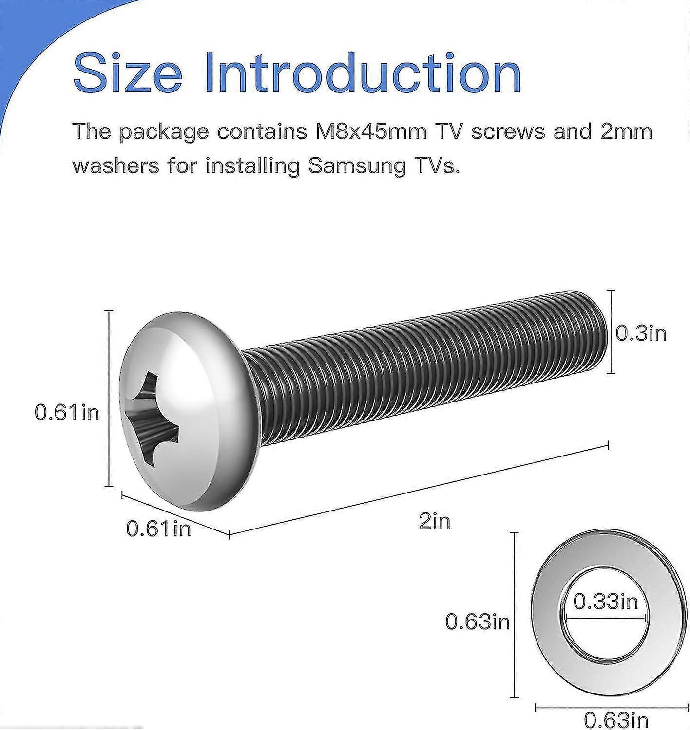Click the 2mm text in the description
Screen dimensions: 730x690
[626, 131]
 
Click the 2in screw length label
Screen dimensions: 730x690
[435, 521]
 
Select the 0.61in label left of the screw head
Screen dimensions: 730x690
[67, 413]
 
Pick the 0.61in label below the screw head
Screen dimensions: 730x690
[158, 529]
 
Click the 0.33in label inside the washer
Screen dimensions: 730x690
[606, 602]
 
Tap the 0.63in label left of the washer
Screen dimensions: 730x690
[478, 621]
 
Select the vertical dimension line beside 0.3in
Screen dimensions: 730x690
[611, 331]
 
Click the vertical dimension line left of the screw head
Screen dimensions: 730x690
[110, 398]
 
